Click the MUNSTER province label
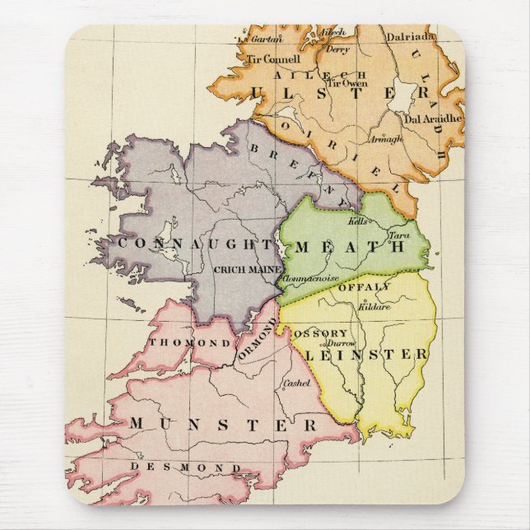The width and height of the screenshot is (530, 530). (x=222, y=425)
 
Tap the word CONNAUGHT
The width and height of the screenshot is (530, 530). (x=195, y=244)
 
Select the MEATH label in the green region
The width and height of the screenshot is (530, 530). (x=349, y=246)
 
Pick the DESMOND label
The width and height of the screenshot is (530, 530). (x=185, y=468)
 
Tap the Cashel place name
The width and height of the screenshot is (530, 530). (x=295, y=383)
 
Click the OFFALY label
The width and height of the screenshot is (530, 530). (x=364, y=286)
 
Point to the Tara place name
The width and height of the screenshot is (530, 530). (x=398, y=235)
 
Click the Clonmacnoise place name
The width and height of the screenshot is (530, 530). (x=311, y=279)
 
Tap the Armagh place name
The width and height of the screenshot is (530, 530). (x=387, y=139)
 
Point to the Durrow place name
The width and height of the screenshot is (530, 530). (x=345, y=340)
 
